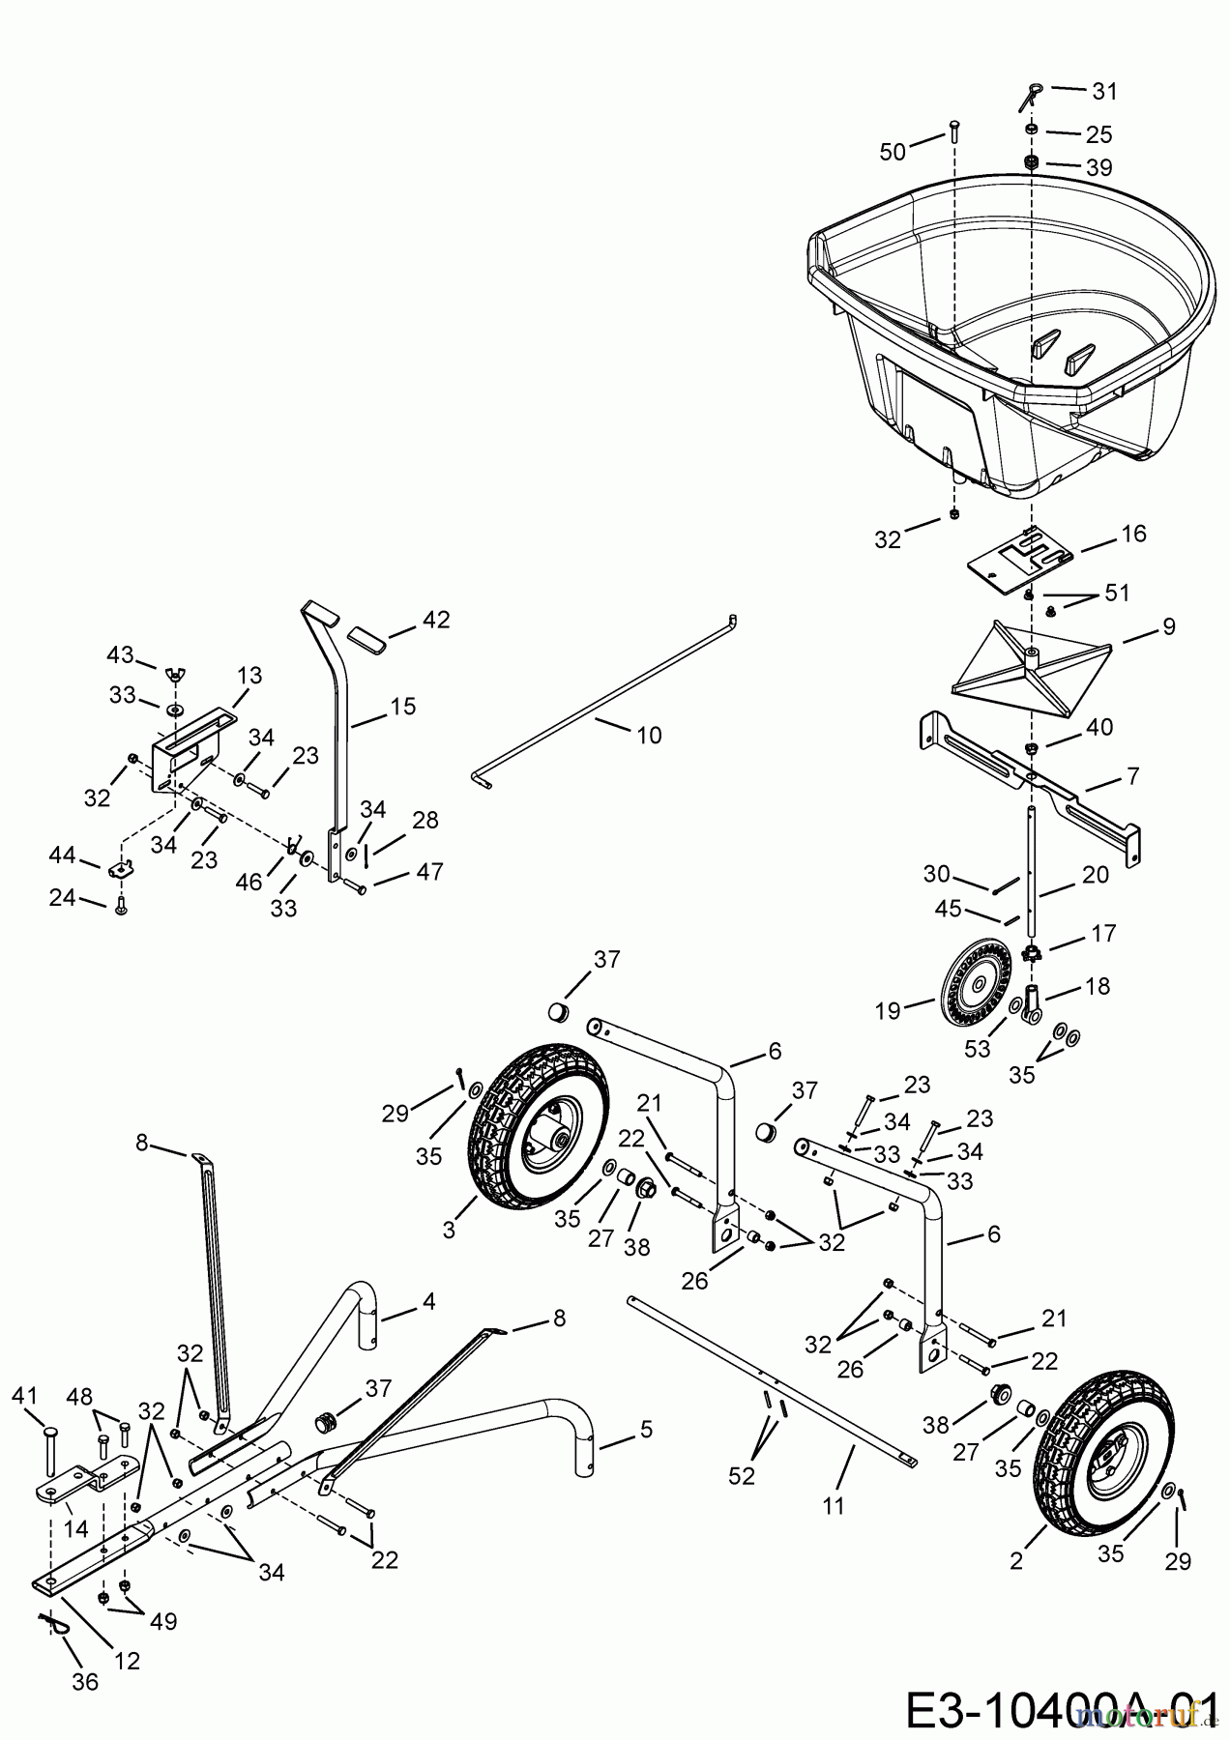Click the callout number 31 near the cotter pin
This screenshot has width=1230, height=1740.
point(1104,92)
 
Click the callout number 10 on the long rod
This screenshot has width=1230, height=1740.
point(649,736)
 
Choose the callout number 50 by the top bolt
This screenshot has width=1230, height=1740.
point(893,151)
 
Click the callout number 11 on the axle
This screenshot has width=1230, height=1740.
point(834,1505)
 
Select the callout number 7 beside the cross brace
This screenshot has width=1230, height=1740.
point(1132,775)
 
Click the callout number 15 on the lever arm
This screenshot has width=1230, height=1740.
point(403,707)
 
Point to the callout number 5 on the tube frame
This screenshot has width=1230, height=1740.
point(645,1428)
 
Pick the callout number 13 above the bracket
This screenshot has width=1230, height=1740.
point(249,676)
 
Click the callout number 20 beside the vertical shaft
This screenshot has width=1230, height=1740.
point(1096,875)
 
